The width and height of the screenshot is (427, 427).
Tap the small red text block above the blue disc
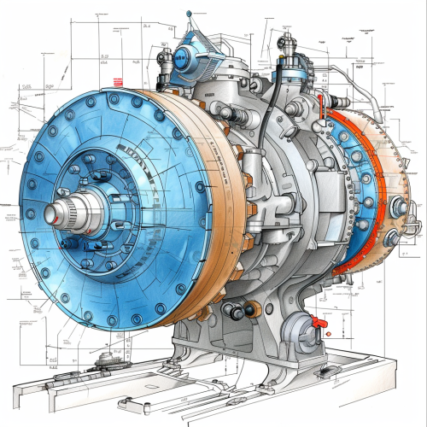coord(118,81)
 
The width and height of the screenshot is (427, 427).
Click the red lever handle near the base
coord(319,322)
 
